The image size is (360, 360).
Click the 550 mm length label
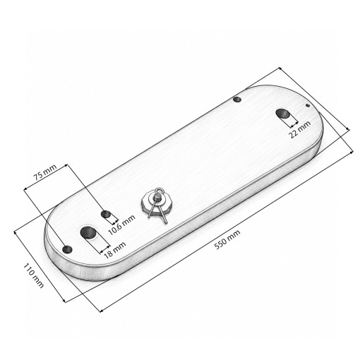click(227, 239)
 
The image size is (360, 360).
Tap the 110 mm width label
click(33, 275)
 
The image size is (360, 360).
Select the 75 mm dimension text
click(44, 172)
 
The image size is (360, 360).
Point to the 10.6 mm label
click(121, 225)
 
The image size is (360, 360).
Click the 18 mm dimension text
click(114, 250)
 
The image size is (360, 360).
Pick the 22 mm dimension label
click(299, 129)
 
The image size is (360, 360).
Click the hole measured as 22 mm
click(283, 114)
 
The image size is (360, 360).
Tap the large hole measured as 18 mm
click(88, 232)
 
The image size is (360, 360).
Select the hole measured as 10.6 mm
click(106, 214)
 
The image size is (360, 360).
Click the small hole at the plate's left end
click(67, 249)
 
